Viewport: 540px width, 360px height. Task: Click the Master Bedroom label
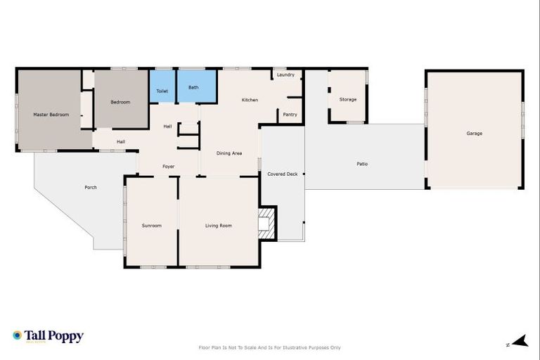(x=51, y=114)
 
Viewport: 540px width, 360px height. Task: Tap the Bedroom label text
(x=120, y=102)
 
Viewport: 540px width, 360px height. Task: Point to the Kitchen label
(x=250, y=100)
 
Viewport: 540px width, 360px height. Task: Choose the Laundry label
(x=285, y=75)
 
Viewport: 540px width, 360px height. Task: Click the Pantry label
(x=290, y=114)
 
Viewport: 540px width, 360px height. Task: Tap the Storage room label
(x=348, y=99)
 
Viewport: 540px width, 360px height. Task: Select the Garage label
(x=475, y=133)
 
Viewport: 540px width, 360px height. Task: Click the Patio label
(x=362, y=164)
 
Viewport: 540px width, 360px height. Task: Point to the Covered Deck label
(x=282, y=174)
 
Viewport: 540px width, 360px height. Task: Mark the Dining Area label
(x=229, y=153)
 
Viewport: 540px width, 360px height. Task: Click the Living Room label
(x=219, y=226)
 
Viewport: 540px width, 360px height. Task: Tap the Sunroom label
(x=152, y=226)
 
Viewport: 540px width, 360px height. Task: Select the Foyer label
(x=169, y=166)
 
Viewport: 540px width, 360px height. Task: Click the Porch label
(x=91, y=187)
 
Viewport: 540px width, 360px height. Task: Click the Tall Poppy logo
(x=48, y=336)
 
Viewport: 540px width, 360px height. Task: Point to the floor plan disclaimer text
(x=270, y=347)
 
